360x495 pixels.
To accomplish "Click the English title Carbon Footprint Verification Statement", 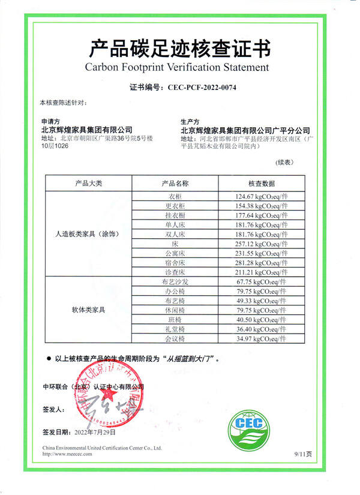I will pyautogui.click(x=179, y=67).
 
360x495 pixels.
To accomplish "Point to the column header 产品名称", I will pyautogui.click(x=175, y=183).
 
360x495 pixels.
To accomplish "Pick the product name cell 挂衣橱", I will pyautogui.click(x=175, y=215).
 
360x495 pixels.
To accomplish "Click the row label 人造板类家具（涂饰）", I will pyautogui.click(x=88, y=234).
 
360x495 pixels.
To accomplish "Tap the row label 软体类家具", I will pyautogui.click(x=88, y=310).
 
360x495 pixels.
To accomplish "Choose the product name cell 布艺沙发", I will pyautogui.click(x=175, y=282).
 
